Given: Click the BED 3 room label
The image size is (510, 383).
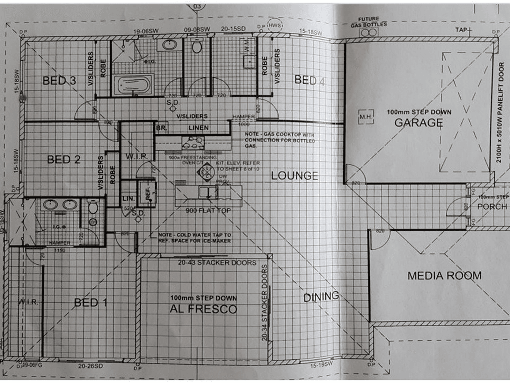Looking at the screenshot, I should (59, 80).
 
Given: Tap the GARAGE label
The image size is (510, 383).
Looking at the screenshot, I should (419, 122).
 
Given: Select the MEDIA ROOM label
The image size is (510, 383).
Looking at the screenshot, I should (444, 275).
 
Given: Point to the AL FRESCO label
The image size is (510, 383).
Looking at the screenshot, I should (203, 309).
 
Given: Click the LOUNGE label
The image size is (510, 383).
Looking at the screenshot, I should (295, 176).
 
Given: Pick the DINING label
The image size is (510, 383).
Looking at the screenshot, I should (321, 297).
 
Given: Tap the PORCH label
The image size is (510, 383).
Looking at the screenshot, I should (492, 207).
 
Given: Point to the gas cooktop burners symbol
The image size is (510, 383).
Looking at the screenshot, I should (193, 143).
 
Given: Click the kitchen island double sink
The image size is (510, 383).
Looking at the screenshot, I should (208, 192).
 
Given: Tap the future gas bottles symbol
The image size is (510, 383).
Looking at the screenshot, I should (369, 32).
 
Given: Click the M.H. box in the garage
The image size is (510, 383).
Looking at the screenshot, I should (366, 117).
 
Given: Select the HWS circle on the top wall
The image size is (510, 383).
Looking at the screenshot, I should (273, 26).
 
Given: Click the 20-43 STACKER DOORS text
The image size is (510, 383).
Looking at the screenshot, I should (217, 263).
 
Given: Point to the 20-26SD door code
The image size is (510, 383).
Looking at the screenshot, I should (91, 366).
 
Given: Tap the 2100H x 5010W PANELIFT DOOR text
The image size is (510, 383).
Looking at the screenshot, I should (500, 112).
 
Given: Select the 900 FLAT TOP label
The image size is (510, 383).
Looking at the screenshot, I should (208, 211).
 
